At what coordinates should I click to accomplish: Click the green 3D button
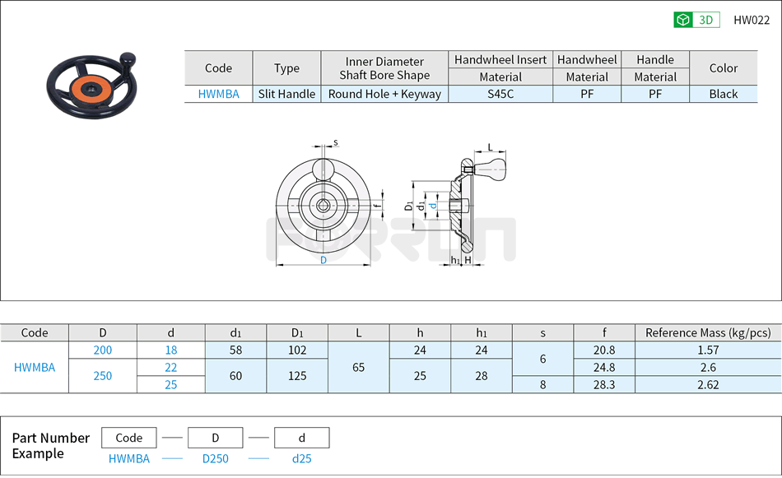click(x=696, y=20)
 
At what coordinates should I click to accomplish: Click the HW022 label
click(x=751, y=20)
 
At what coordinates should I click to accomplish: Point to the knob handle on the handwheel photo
click(x=127, y=60)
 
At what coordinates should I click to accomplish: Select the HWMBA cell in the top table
click(x=218, y=94)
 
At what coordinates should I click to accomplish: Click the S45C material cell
click(x=500, y=94)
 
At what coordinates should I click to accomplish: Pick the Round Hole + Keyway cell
click(x=384, y=94)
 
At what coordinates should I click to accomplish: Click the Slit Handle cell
click(x=286, y=94)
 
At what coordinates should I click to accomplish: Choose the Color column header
click(x=723, y=68)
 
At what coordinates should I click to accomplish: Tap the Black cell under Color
click(x=723, y=94)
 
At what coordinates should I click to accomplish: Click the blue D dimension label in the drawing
click(x=323, y=260)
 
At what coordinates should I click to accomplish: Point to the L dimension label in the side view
click(x=491, y=147)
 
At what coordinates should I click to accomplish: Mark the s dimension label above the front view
click(x=336, y=142)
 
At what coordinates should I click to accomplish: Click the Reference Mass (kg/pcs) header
click(x=707, y=332)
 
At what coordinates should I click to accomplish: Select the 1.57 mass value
click(x=707, y=350)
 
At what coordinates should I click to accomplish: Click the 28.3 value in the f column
click(x=603, y=384)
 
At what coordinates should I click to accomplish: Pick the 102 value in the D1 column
click(x=297, y=350)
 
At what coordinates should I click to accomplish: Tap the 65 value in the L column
click(x=358, y=367)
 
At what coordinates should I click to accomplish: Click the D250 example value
click(x=215, y=459)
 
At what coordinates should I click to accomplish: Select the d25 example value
click(x=301, y=459)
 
